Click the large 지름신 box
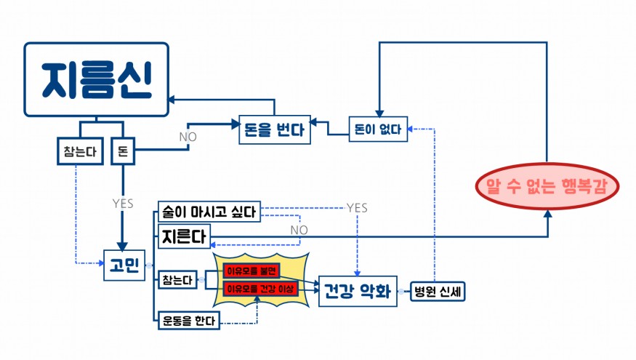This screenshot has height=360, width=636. coord(96,79)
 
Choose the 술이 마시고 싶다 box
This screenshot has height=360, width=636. coord(209,212)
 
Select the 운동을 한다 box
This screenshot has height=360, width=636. coord(189,319)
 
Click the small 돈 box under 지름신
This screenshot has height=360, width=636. coord(122,152)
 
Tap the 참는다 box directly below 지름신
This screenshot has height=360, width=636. coord(79,152)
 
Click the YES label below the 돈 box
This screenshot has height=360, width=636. coord(123,204)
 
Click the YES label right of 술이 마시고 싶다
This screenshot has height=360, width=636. coord(357,208)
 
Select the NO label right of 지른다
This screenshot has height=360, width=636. coord(299,230)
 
